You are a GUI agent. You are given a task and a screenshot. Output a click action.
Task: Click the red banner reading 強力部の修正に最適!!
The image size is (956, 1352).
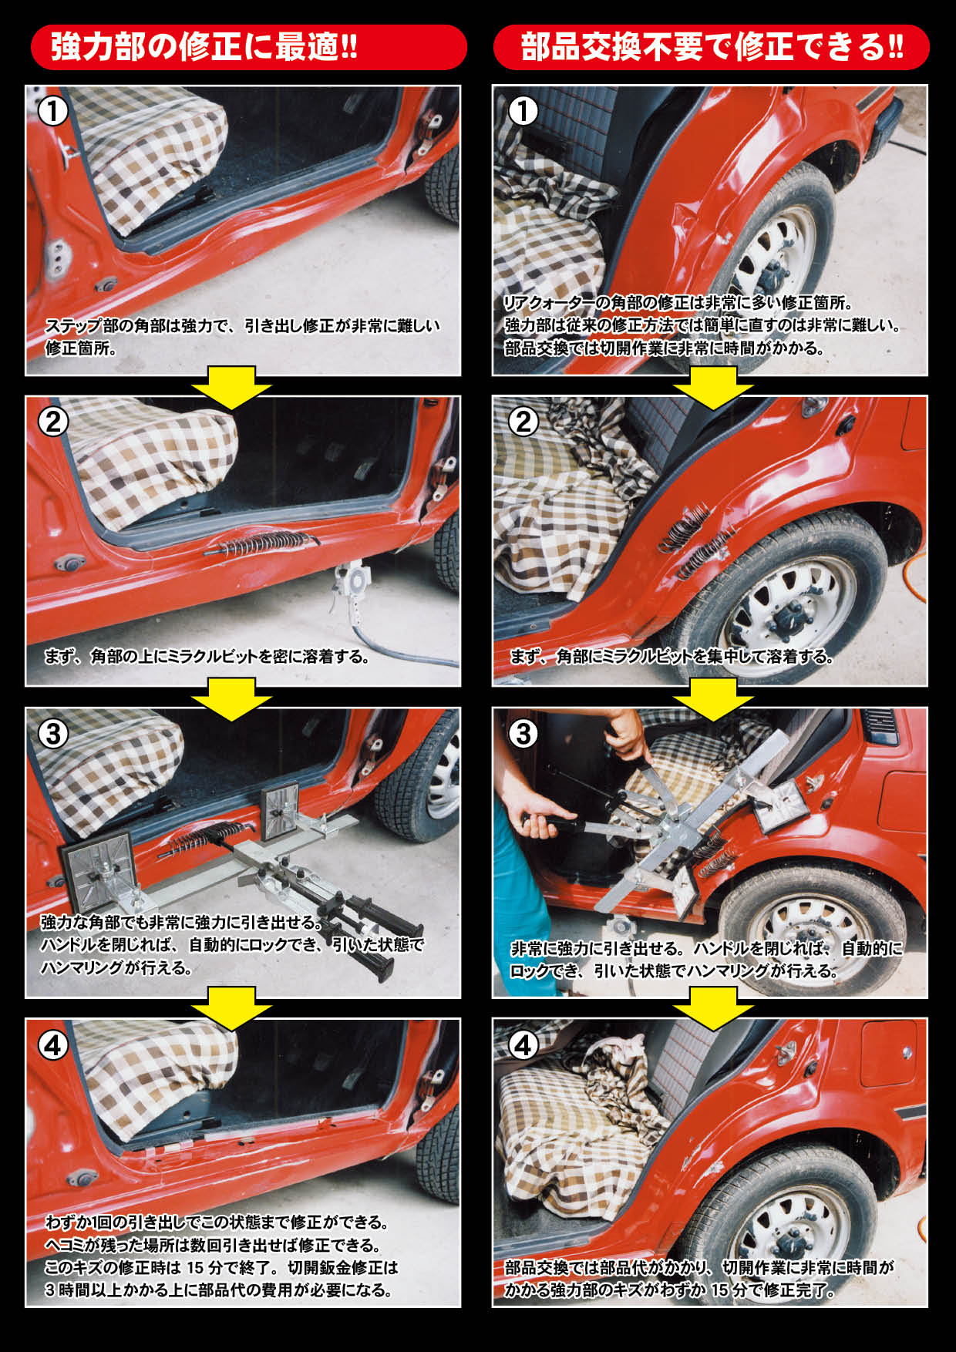pos(248,47)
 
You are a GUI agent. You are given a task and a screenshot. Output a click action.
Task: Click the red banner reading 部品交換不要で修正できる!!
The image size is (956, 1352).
pos(711,47)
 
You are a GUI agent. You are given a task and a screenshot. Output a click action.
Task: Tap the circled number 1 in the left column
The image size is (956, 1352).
pos(53,111)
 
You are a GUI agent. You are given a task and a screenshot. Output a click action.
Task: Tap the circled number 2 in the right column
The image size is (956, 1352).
pos(523,422)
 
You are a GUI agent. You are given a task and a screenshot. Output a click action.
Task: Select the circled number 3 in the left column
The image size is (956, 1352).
pos(53,733)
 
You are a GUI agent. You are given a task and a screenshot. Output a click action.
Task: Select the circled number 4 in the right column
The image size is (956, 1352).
pos(523,1045)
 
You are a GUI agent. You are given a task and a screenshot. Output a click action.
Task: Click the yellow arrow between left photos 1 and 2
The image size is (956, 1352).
pos(231,386)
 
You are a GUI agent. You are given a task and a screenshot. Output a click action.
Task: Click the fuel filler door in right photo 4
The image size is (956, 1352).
pos(888,1051)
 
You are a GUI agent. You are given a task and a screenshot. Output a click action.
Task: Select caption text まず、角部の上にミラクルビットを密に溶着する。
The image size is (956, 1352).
pos(207,657)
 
